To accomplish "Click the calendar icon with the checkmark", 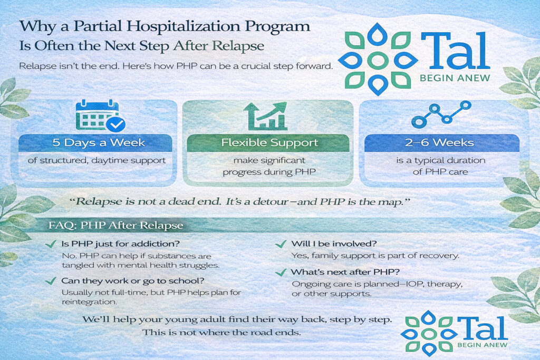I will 100,115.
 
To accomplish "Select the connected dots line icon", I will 441,113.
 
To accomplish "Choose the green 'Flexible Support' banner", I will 269,143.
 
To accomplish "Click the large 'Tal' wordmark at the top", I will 455,53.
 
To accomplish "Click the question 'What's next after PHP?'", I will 337,272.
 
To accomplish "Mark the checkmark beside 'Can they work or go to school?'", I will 51,281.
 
